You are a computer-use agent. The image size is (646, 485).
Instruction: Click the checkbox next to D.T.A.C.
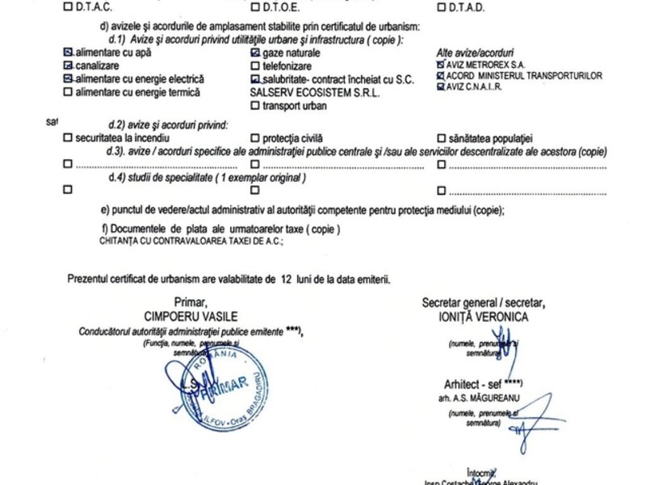tap(67, 8)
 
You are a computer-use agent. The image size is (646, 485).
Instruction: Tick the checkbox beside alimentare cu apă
tap(67, 51)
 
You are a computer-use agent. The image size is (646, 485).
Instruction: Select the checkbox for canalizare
tap(67, 65)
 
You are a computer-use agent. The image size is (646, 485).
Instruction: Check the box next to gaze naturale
tap(255, 51)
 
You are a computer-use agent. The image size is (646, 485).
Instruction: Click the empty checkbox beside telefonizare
tap(255, 65)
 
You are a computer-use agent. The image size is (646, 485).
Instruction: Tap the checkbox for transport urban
tap(255, 105)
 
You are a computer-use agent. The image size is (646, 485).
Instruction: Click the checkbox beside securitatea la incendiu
tap(67, 137)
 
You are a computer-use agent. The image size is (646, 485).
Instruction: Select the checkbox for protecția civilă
tap(255, 137)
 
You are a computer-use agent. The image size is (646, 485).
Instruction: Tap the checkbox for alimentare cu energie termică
tap(67, 92)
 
